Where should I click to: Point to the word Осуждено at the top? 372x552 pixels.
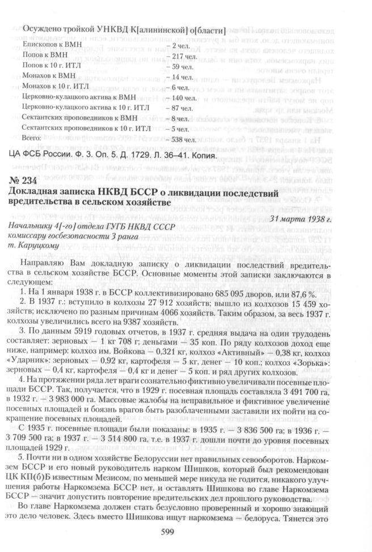tap(41, 29)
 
